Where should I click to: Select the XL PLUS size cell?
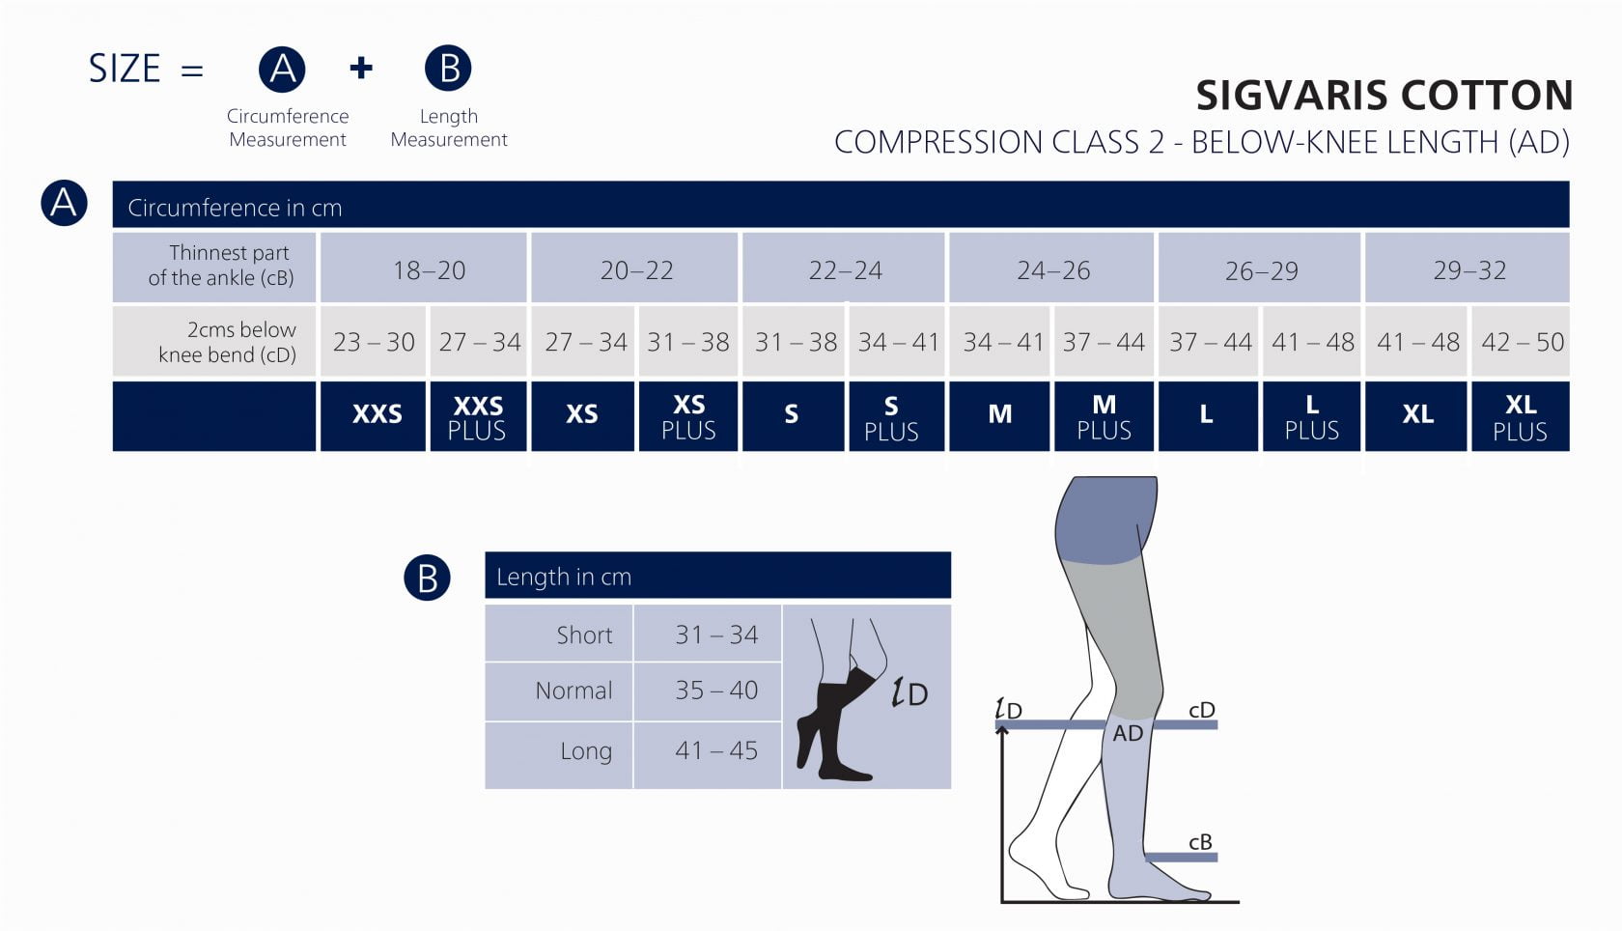click(x=1520, y=417)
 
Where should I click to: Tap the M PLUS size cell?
click(x=1104, y=417)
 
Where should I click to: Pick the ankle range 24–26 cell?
click(x=1053, y=270)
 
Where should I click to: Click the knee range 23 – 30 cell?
click(x=374, y=342)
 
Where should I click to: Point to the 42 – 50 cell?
click(x=1522, y=342)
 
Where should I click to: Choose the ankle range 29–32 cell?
click(x=1469, y=270)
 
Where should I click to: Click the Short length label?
click(x=584, y=635)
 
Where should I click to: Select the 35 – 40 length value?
click(x=716, y=691)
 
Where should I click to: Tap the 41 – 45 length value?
click(x=716, y=750)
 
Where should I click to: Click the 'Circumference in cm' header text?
click(x=235, y=208)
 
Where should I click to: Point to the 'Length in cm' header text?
click(x=564, y=577)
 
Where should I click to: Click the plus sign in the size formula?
click(x=361, y=68)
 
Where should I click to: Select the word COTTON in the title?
click(x=1487, y=95)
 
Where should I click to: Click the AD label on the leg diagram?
click(x=1128, y=733)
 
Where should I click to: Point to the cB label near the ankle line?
click(x=1200, y=842)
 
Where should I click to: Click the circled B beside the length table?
click(x=427, y=578)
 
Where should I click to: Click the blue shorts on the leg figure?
click(x=1105, y=522)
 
